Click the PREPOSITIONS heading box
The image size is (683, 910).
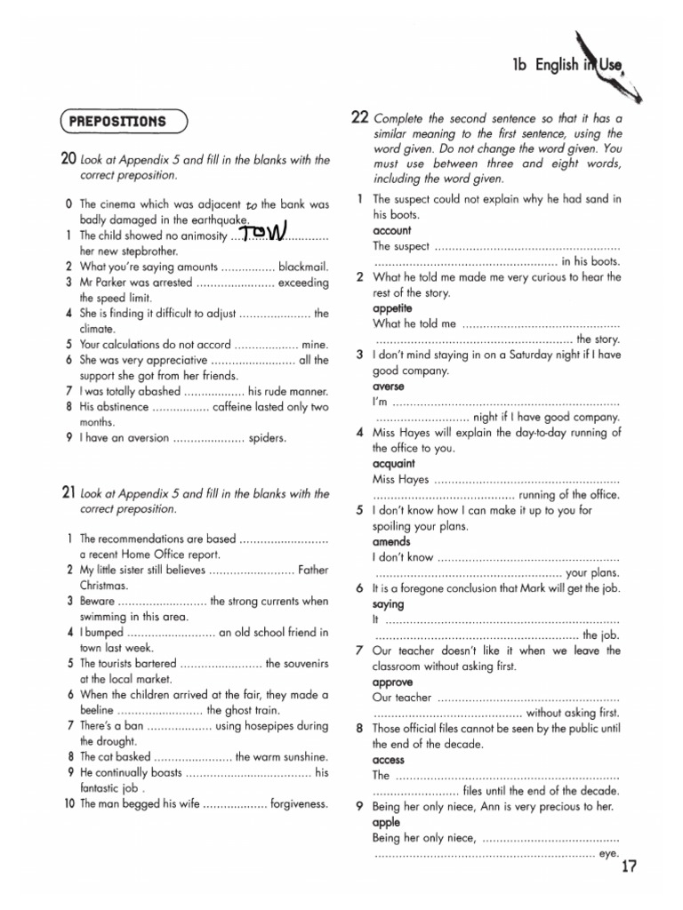[124, 120]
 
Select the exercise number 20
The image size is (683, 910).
[68, 160]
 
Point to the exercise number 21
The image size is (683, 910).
[68, 493]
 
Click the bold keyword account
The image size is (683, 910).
[392, 230]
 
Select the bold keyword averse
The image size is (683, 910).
[389, 387]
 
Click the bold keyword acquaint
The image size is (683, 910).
[394, 464]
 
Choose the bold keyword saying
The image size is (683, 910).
[389, 604]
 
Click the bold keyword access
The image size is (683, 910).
[389, 760]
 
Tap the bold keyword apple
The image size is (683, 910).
[386, 822]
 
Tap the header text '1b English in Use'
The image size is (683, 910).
[570, 65]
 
